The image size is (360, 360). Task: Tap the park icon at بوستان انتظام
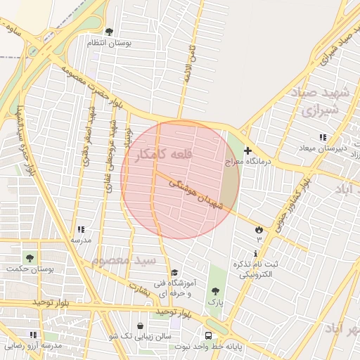click(x=109, y=32)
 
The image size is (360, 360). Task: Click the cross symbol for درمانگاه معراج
click(x=247, y=150)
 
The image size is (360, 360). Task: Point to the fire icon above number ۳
click(x=259, y=230)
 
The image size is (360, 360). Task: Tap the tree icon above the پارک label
click(x=214, y=291)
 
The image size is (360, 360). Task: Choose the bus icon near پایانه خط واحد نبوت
click(x=208, y=335)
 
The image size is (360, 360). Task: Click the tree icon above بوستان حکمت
click(x=30, y=257)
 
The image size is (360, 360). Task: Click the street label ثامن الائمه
click(x=188, y=65)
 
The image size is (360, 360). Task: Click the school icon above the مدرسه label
click(x=81, y=229)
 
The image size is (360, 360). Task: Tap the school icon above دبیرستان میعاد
click(x=322, y=137)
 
